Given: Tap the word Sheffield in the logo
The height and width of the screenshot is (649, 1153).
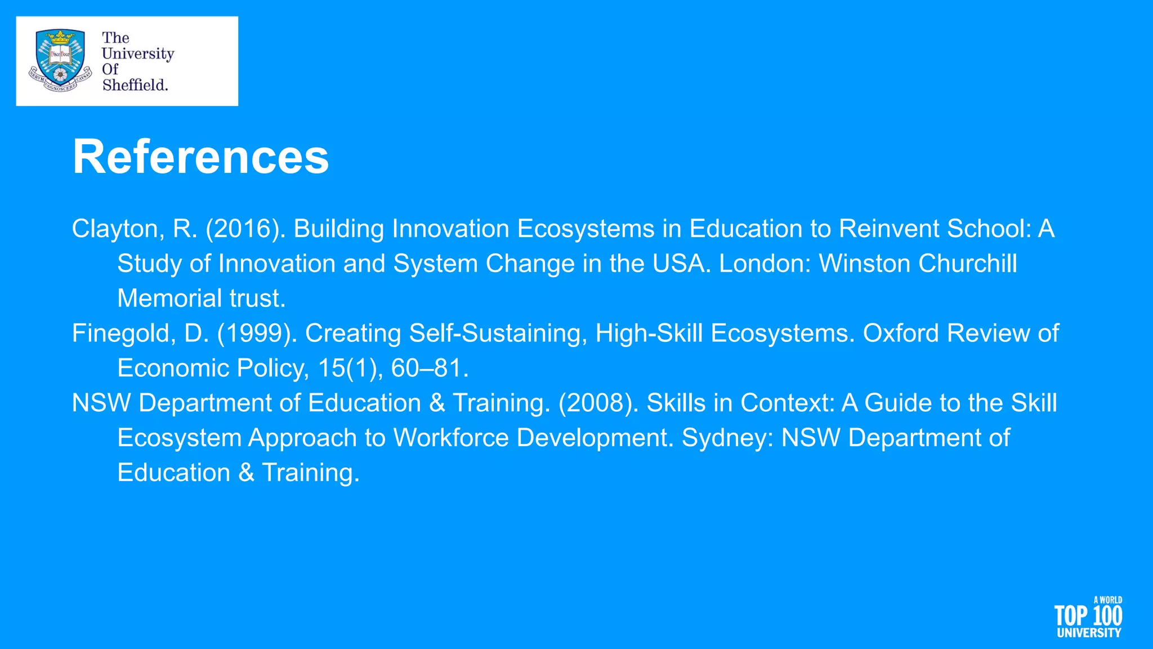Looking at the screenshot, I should (135, 85).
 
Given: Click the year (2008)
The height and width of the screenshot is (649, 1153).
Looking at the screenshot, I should (598, 403).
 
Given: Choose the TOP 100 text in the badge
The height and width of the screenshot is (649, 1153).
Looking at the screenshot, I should (1088, 616).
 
